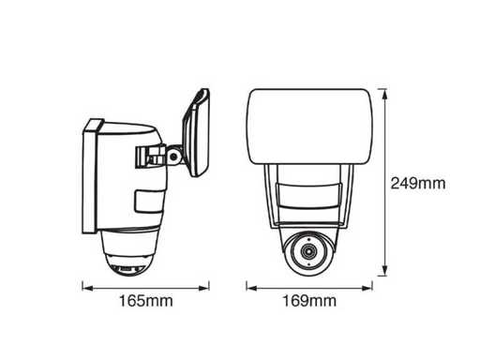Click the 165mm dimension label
point(146,301)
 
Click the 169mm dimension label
point(309,301)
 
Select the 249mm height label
point(418,183)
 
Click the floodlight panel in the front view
point(310,127)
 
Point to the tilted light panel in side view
point(196,133)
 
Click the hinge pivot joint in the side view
point(173,156)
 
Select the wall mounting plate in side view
point(90,176)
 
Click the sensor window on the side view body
point(149,202)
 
